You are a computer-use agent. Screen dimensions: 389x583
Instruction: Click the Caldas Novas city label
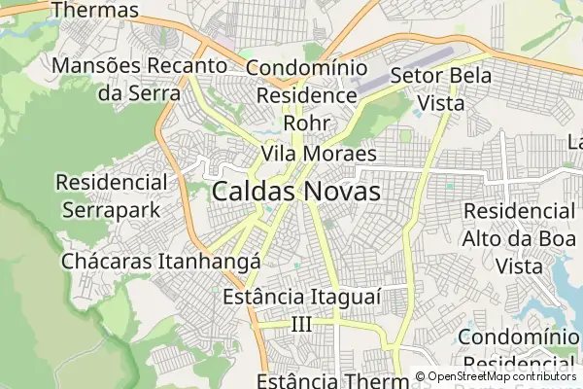coord(295,191)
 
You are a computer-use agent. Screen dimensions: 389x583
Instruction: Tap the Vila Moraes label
coord(318,154)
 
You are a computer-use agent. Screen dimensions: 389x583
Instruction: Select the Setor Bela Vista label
coord(440,88)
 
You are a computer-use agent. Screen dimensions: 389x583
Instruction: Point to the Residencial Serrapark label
coord(111,194)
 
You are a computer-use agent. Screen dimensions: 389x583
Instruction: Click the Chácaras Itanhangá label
coord(160,262)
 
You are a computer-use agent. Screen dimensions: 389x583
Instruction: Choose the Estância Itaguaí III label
coord(298,309)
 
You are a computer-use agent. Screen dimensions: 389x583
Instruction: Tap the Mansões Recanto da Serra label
coord(141,80)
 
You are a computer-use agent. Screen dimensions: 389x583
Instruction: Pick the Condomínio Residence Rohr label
coord(307,95)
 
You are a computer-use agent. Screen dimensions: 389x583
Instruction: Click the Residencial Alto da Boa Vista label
coord(519,237)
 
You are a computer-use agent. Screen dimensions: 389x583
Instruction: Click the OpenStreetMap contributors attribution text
coord(501,376)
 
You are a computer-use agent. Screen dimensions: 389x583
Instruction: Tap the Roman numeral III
coord(301,324)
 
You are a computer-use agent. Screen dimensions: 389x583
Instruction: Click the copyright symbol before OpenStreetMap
coord(420,376)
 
